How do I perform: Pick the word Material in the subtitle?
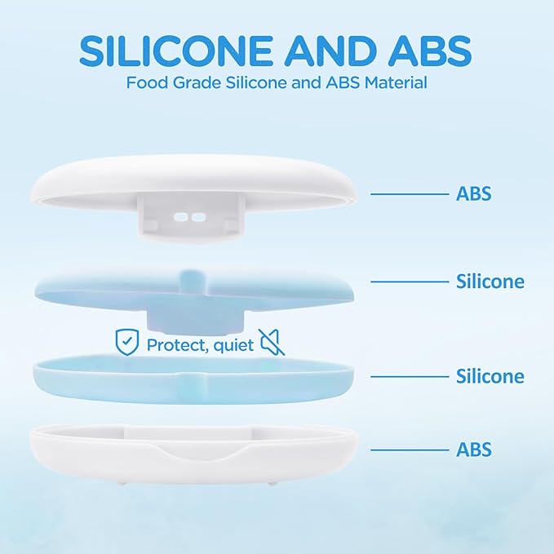point(394,82)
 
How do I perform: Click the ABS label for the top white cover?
point(473,194)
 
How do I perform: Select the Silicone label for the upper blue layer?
point(490,281)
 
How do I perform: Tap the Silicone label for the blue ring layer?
point(490,376)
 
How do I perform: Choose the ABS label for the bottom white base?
point(473,450)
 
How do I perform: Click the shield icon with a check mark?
point(126,343)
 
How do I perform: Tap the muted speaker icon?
point(273,343)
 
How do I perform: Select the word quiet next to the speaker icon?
point(234,344)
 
